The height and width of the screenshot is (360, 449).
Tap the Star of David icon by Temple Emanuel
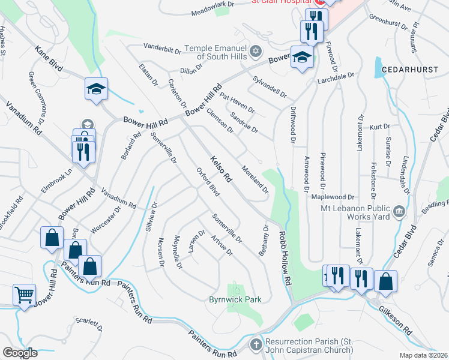(257, 50)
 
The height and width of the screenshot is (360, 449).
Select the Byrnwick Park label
(235, 299)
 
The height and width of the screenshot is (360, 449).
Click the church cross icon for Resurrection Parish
(256, 344)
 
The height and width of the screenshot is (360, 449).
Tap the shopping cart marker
(25, 295)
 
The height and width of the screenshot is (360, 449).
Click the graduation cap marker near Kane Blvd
(96, 89)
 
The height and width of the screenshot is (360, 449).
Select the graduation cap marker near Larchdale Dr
(303, 57)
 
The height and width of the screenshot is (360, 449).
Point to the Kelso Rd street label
(220, 169)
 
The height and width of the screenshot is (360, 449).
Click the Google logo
(20, 353)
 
